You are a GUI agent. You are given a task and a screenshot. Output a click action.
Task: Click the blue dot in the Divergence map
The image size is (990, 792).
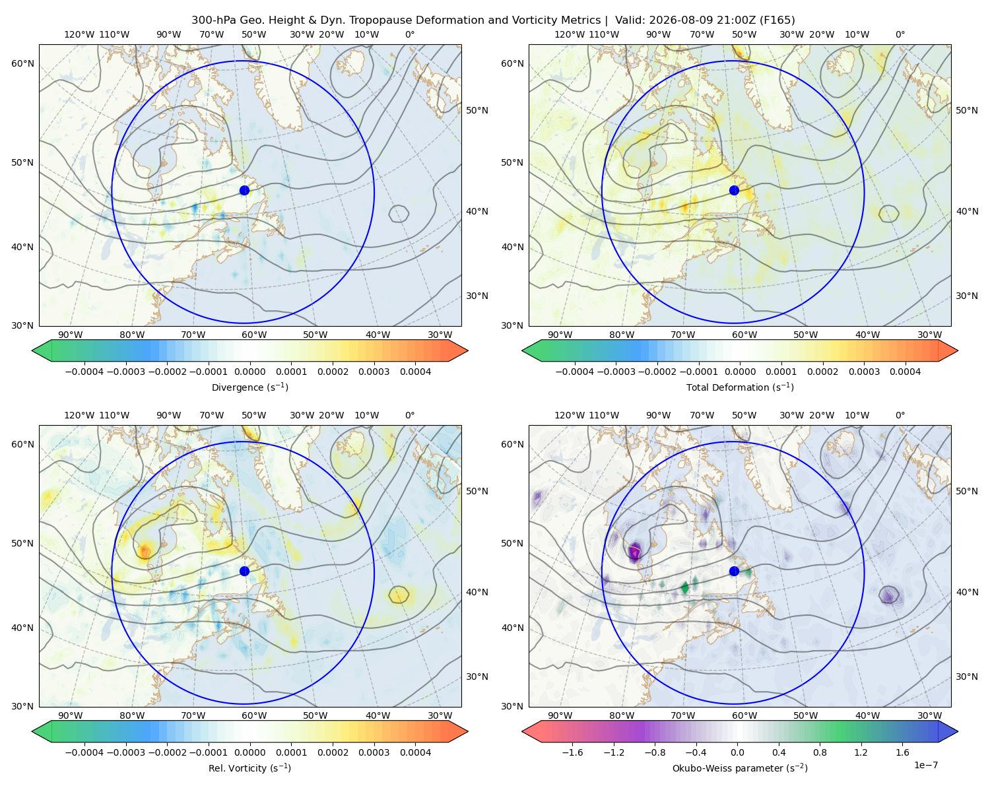pos(244,191)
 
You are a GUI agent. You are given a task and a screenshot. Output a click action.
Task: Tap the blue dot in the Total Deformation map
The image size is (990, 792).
pos(734,191)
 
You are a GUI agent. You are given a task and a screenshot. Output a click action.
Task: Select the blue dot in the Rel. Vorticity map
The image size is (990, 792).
pos(244,571)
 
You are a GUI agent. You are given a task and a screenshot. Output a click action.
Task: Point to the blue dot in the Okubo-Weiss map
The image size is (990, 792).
pos(734,571)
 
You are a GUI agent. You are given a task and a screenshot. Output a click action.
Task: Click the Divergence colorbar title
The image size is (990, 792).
pos(249,387)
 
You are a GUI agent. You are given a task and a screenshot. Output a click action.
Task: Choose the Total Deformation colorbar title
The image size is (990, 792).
pos(740,387)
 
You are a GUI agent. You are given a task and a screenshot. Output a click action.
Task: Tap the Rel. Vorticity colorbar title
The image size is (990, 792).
pos(249,768)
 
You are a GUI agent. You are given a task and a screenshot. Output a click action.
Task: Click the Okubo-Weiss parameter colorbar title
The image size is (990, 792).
pos(740,768)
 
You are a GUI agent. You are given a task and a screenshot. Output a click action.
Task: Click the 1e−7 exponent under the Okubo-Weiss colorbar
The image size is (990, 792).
pos(925,766)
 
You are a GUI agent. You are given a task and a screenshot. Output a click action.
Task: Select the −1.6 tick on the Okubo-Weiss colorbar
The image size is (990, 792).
pos(573,752)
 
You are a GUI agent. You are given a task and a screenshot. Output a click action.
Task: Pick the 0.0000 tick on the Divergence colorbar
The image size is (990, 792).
pos(249,372)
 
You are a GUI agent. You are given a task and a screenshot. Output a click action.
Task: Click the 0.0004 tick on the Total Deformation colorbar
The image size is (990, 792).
pos(906,372)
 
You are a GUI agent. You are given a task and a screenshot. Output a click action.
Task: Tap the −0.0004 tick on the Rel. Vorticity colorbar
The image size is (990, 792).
pos(84,752)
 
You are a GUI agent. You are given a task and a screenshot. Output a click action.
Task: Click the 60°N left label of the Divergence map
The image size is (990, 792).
pos(22,63)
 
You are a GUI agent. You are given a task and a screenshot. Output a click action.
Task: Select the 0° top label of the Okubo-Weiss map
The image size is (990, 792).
pos(900,415)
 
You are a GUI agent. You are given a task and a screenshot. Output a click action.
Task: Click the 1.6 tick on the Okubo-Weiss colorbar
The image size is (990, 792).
pos(903,752)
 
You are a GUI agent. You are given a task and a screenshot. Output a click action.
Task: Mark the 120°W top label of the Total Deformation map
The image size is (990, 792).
pos(570,34)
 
